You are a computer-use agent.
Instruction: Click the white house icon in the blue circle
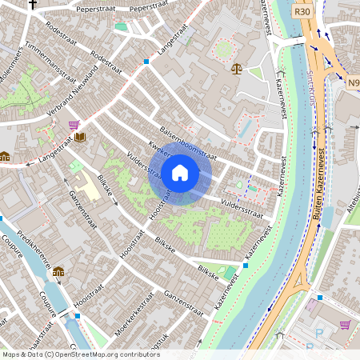click(x=180, y=172)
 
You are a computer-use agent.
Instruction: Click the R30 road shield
click(x=302, y=12)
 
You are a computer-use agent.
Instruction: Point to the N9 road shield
click(x=353, y=82)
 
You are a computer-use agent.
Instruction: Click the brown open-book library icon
click(x=81, y=137)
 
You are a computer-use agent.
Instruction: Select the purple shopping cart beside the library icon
click(x=74, y=126)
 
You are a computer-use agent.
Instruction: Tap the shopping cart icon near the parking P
click(x=345, y=325)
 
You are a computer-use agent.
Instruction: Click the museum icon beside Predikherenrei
click(x=58, y=272)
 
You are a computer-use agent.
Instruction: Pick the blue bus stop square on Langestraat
click(x=146, y=61)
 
